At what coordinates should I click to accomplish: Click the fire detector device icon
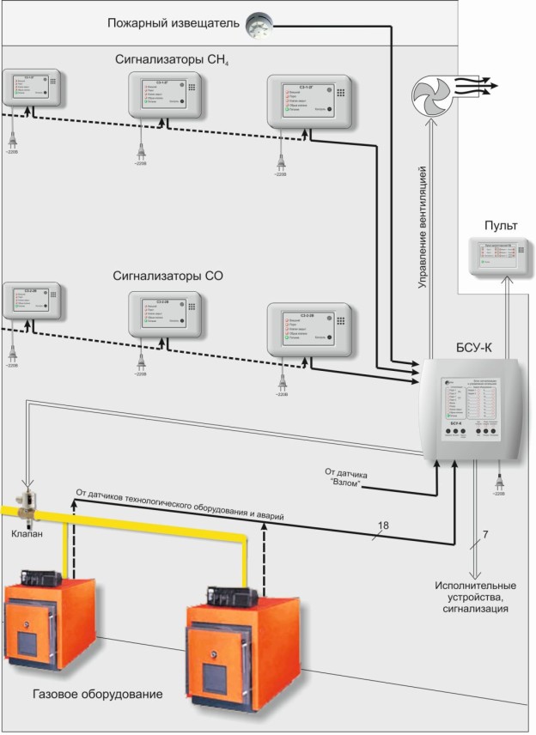click(x=256, y=25)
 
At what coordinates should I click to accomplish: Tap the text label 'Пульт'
click(x=501, y=226)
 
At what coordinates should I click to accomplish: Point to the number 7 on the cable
click(x=485, y=536)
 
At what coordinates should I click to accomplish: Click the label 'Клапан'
click(x=27, y=532)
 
